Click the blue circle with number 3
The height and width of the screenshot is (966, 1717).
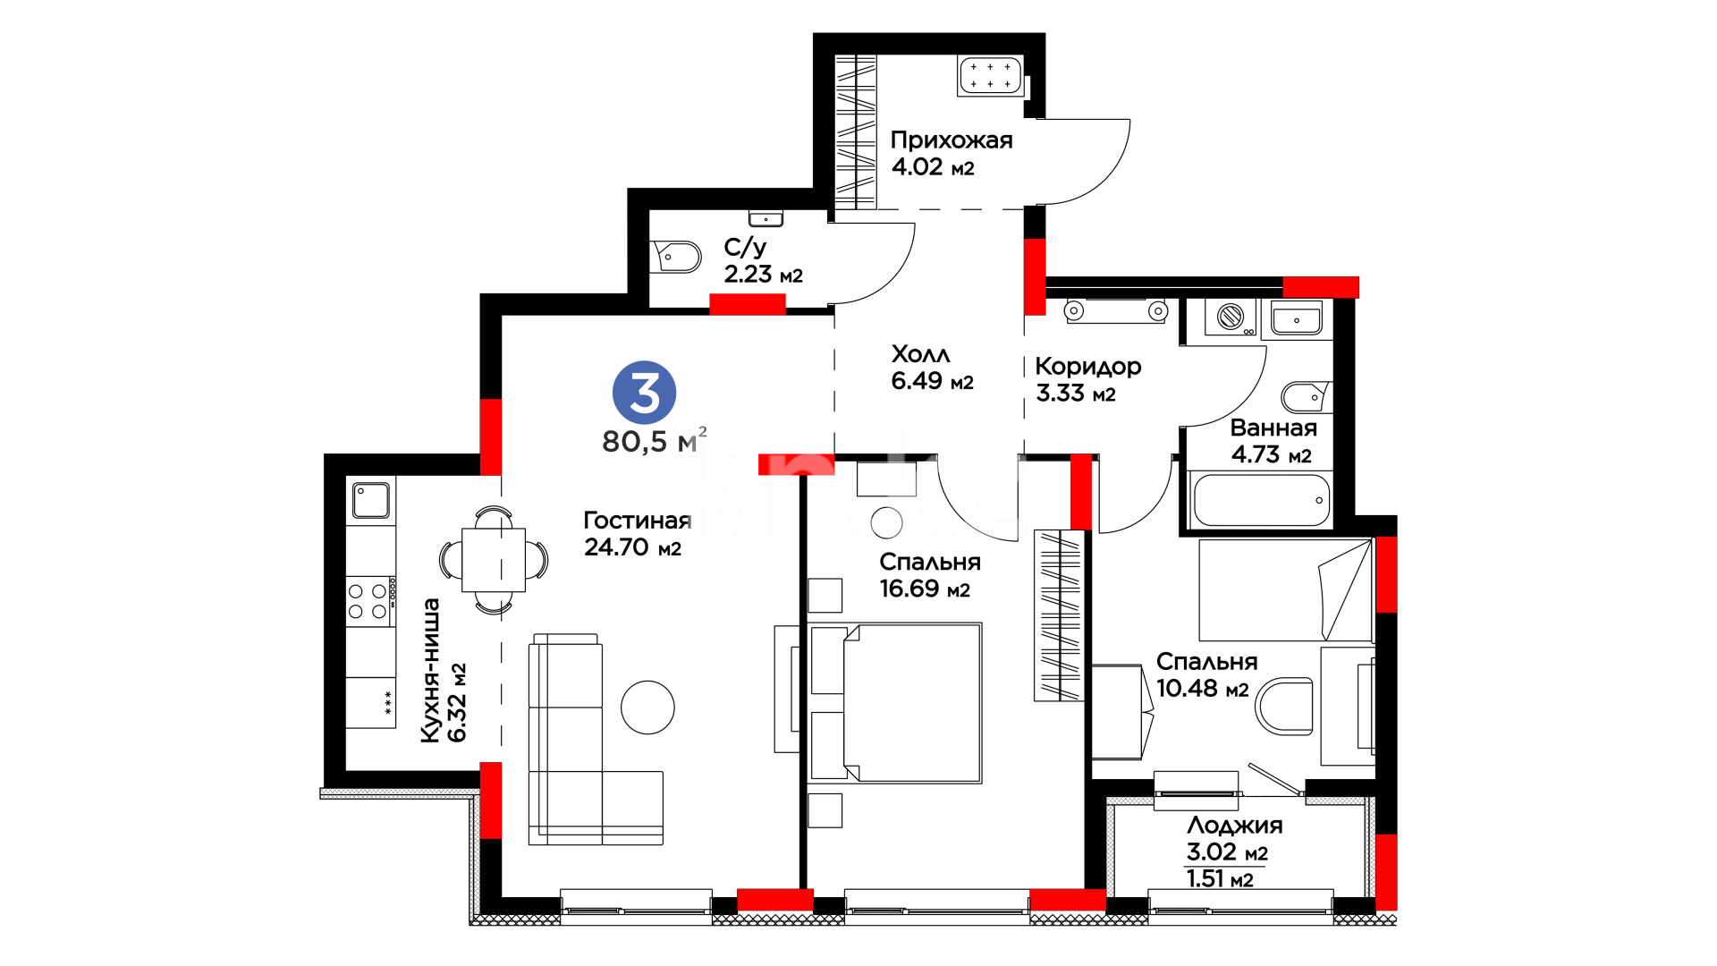644,393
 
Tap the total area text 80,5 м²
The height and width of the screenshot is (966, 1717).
655,440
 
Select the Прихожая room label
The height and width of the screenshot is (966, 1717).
952,140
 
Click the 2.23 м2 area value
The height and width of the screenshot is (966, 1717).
764,275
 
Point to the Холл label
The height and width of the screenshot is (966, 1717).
921,354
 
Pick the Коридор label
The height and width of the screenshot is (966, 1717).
1088,367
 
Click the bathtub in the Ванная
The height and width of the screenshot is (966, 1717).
1261,500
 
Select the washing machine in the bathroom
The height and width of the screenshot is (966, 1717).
1231,317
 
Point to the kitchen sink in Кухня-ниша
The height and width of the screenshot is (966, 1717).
370,501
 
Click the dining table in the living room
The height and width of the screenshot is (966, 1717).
494,560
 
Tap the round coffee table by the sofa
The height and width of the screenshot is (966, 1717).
647,708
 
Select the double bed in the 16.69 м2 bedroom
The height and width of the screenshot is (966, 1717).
896,703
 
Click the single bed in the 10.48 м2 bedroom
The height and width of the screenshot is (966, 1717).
1285,589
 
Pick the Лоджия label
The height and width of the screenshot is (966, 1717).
1235,825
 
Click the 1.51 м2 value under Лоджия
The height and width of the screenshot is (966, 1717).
1220,879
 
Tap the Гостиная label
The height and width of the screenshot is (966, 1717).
638,521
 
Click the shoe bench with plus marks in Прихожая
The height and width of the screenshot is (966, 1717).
991,75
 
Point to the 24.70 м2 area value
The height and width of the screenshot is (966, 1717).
633,547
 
